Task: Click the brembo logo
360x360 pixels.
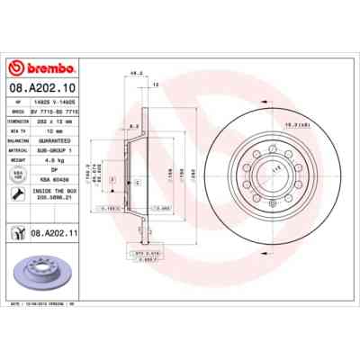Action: point(34,68)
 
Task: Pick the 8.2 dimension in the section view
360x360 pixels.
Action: point(132,125)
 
